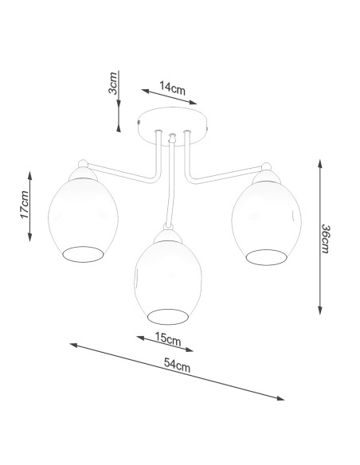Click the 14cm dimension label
point(172,88)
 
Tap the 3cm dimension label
point(113,83)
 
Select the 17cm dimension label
point(25,205)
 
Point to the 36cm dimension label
point(325,239)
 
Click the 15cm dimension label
point(168,339)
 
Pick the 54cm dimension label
point(177,365)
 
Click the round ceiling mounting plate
point(173,127)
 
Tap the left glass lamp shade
point(83,221)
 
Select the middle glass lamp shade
point(168,283)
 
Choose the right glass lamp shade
point(266,223)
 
